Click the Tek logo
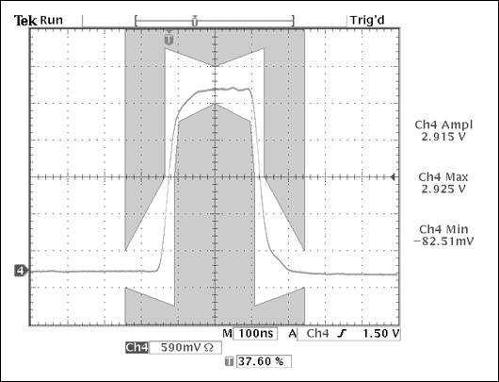[x=25, y=21]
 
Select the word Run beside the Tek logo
[x=51, y=21]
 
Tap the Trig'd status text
[x=367, y=21]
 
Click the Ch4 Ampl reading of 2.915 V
[x=443, y=137]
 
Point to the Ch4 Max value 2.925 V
[x=443, y=189]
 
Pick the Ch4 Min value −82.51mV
[x=443, y=241]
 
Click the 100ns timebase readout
[x=256, y=334]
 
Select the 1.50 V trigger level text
[x=380, y=334]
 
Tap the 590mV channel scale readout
[x=181, y=347]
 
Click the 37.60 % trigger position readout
[x=261, y=361]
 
